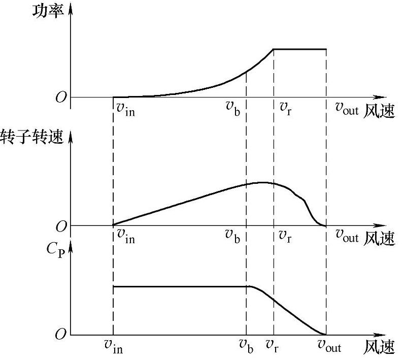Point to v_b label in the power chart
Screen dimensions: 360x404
[234, 109]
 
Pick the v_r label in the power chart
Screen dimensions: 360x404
[286, 109]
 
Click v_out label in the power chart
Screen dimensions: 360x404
[347, 109]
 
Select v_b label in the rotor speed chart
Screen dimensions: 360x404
[234, 236]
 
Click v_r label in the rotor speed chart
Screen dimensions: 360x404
[286, 236]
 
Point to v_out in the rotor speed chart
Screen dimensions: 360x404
[347, 236]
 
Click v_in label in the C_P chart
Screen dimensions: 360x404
[113, 347]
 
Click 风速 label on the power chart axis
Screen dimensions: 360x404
[379, 110]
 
